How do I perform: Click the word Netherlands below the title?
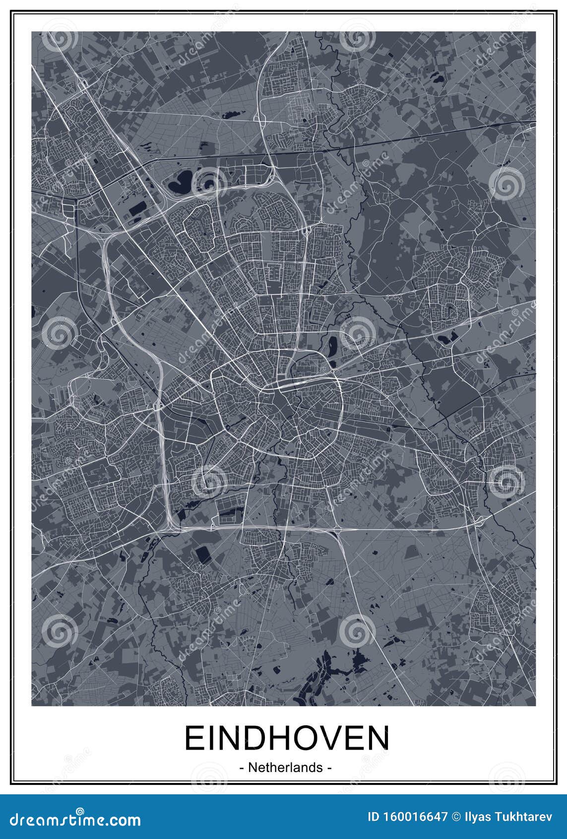[285, 767]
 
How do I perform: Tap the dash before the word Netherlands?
[242, 768]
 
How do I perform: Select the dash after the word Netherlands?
[329, 768]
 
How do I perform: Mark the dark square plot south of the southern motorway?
[203, 554]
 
